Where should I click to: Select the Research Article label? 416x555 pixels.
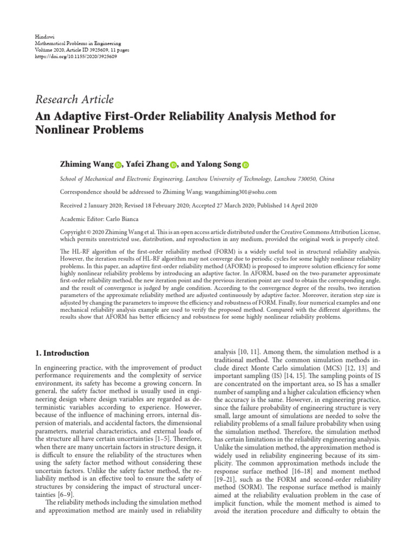coord(74,99)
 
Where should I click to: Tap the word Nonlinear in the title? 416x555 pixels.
coord(64,131)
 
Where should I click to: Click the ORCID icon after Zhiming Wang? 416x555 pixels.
coord(118,165)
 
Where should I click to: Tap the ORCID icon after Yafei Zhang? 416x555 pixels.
coord(173,165)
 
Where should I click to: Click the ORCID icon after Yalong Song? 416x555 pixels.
coord(245,165)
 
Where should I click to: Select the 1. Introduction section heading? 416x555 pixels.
coord(62,353)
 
